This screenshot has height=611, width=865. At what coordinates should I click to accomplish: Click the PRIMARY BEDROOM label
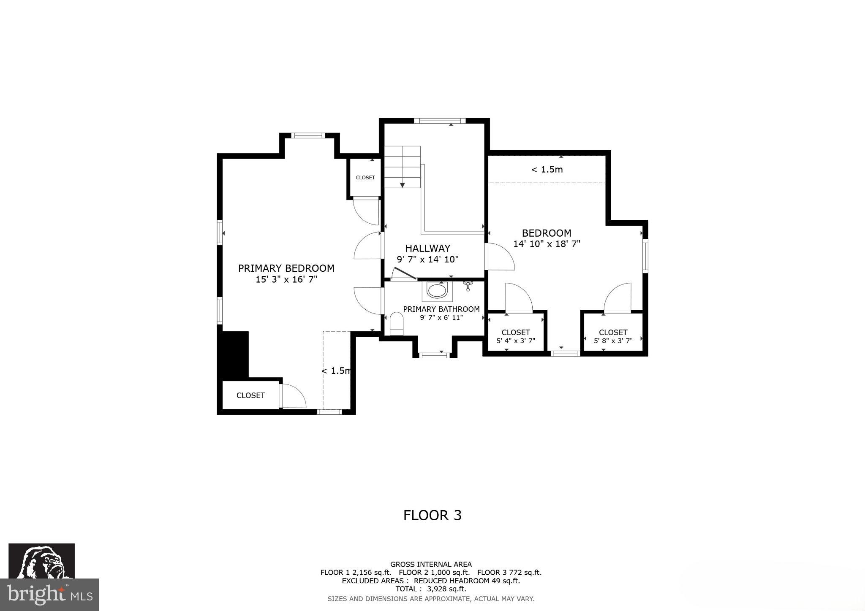coord(286,268)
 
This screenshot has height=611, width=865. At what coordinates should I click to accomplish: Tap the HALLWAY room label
coord(427,248)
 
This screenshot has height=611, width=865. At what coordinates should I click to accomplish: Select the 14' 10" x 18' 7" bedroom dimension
coord(547,244)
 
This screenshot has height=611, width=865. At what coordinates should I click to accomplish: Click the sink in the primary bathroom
coord(437,291)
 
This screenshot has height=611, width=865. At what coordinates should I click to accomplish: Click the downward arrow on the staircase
coord(403,184)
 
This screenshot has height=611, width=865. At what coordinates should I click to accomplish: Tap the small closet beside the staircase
coord(365,178)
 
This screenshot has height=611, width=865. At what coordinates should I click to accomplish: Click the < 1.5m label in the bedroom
coord(547,170)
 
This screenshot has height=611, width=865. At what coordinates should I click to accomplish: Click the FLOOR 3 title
coord(432,515)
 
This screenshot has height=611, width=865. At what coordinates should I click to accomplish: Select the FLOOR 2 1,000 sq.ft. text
coord(434,573)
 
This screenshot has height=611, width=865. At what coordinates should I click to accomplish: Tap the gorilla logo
coord(42,561)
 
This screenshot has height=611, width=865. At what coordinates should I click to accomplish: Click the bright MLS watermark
coord(49,595)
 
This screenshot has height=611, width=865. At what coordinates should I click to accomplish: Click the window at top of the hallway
coord(439,121)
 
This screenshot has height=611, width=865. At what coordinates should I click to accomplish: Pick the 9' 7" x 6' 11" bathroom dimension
coord(441,318)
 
